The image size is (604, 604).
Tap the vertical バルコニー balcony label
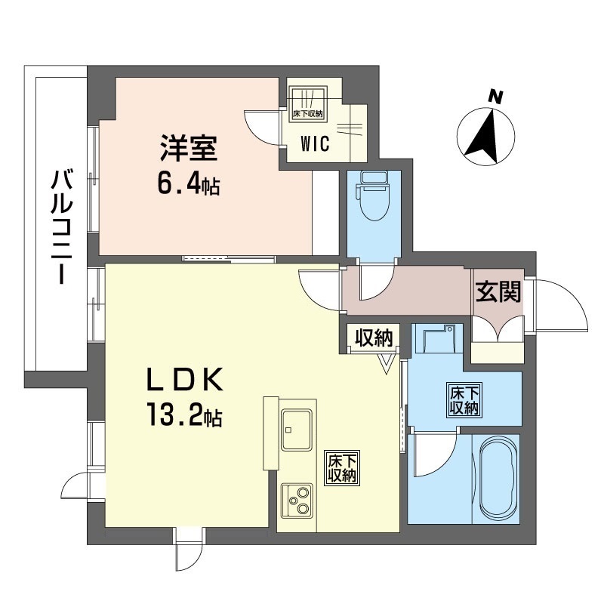pos(61,227)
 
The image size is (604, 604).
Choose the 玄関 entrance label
pos(498,292)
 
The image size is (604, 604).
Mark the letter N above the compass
pos(495,97)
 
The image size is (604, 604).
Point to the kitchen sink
pos(297,430)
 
